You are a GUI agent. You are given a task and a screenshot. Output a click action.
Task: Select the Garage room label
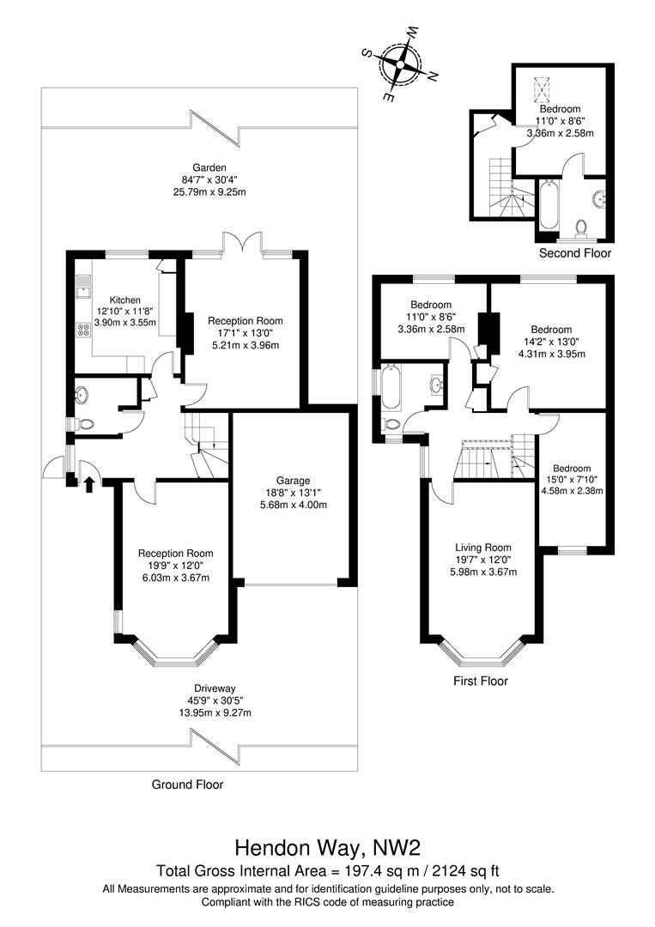tap(294, 481)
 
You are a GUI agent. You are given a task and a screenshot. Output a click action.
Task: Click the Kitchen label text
tap(125, 300)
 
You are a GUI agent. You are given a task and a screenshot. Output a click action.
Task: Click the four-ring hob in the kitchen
tap(83, 330)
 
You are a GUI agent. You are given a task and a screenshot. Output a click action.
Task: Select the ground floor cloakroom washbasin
tap(82, 394)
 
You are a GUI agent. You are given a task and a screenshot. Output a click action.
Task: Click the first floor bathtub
tap(392, 389)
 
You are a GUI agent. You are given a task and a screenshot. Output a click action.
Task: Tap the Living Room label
tap(483, 548)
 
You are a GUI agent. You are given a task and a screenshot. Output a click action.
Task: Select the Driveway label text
tap(215, 688)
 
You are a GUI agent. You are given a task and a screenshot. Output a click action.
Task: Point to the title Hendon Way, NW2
tap(328, 848)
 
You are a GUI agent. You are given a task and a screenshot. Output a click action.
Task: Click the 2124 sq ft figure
tap(466, 871)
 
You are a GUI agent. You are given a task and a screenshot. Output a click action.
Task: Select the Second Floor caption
tap(574, 253)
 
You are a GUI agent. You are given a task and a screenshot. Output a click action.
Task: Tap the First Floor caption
tap(481, 681)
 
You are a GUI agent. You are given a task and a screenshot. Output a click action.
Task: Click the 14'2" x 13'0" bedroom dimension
tap(551, 342)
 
